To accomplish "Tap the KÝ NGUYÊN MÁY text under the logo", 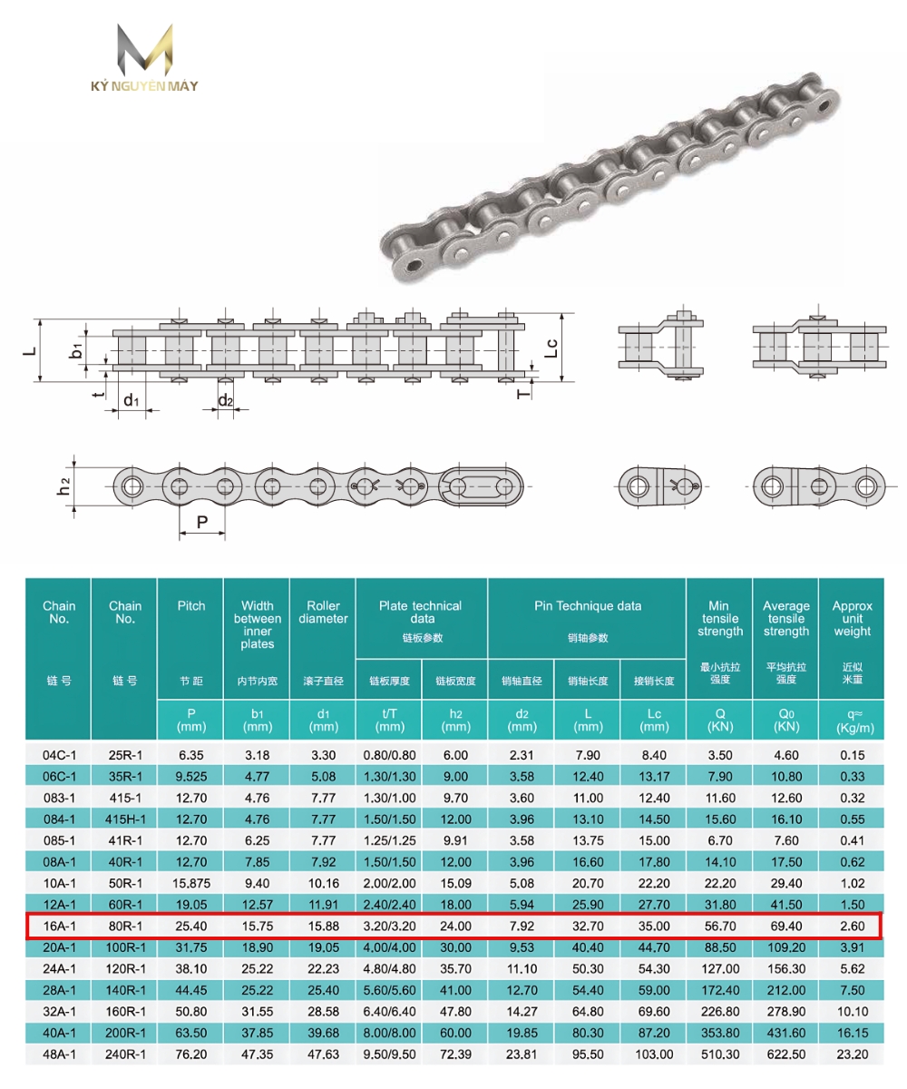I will [x=145, y=87].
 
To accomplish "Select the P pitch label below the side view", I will [x=202, y=521].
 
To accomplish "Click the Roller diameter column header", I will [x=323, y=613].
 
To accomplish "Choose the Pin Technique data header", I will [x=586, y=606].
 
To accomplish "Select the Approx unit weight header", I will [x=852, y=619].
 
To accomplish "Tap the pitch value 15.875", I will [x=191, y=883].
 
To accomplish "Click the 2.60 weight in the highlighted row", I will [x=852, y=926].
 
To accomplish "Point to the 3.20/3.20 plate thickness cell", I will [x=389, y=926].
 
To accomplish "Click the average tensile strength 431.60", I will [x=785, y=1033].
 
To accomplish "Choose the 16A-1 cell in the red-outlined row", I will [x=59, y=926].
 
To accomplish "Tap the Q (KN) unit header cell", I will [x=720, y=720].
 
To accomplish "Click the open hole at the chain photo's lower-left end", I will [x=414, y=266].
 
